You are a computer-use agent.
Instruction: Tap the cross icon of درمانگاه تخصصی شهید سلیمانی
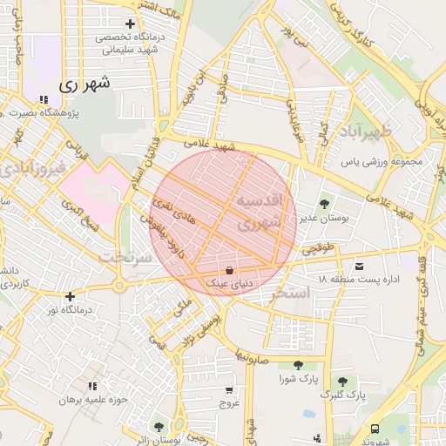point(131,24)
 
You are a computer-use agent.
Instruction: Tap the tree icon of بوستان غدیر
point(324,204)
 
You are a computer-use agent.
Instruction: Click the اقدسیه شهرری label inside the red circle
point(260,212)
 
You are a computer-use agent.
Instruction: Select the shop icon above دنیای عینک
point(229,269)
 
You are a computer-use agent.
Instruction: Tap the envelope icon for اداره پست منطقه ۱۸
point(359,265)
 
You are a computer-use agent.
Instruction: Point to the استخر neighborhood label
point(290,293)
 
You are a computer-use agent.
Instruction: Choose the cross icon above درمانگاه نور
point(70,296)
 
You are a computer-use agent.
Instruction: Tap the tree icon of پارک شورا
point(298,365)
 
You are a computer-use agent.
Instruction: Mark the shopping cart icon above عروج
point(229,389)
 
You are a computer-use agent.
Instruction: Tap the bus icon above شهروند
point(375,429)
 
